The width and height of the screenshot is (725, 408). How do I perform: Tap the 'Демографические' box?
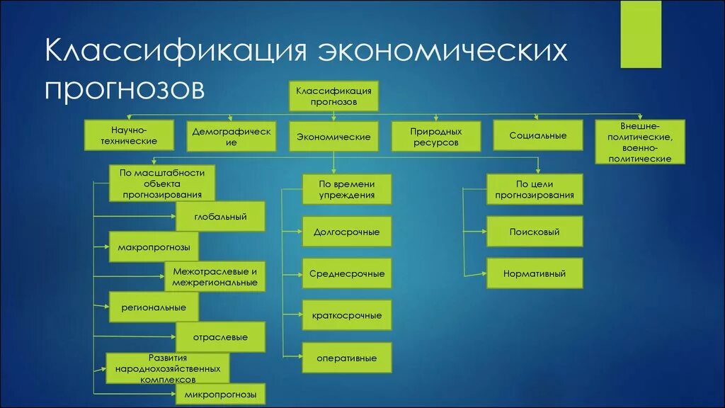coord(232,136)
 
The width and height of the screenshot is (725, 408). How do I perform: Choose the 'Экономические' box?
coord(333,137)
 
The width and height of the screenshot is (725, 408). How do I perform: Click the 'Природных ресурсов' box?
coord(435,137)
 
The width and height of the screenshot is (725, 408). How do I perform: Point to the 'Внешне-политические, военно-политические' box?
coord(640,142)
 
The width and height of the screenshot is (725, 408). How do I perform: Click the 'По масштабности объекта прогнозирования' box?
coord(162,183)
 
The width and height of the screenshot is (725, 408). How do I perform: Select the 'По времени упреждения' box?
coord(347,189)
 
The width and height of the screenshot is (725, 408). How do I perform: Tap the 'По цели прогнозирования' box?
coord(535,189)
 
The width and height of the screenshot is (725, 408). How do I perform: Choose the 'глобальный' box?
coord(220,216)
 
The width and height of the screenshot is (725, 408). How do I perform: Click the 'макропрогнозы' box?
coord(154,246)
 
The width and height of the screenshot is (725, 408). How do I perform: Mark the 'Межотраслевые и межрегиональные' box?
coord(215,276)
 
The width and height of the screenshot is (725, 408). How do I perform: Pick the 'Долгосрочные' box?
coord(347,232)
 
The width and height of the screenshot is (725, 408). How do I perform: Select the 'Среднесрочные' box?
coord(347,273)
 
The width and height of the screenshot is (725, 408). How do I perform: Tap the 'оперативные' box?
coord(347,358)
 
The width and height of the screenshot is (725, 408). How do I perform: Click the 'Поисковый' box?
coord(535,232)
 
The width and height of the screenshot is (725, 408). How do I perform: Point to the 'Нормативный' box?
coord(535,273)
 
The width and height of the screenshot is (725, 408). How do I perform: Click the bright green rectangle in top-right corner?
coord(641,34)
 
